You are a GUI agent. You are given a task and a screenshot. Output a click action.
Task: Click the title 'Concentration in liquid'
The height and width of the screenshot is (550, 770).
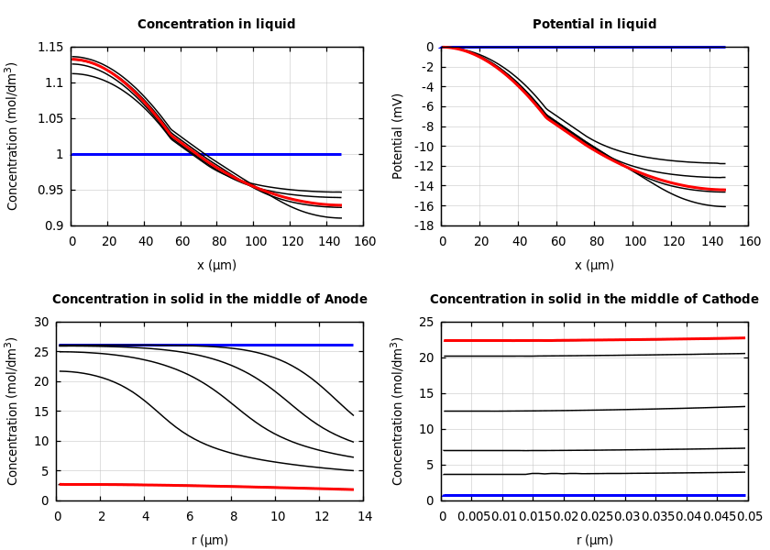pos(216,25)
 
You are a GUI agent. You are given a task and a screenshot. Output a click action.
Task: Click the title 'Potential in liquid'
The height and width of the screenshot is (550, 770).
pos(594,25)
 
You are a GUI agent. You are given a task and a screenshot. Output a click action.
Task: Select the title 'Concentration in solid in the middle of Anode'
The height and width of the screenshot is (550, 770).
pos(209,300)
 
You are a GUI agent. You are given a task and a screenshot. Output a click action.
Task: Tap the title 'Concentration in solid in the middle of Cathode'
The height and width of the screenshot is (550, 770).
pos(594,300)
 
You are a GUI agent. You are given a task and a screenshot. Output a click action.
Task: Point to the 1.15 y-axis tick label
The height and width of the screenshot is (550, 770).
pos(50,48)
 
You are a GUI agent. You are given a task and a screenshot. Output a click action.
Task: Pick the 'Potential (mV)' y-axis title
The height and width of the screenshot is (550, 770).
pos(398,136)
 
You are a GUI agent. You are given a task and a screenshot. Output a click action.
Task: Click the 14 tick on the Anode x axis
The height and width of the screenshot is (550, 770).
pos(364,517)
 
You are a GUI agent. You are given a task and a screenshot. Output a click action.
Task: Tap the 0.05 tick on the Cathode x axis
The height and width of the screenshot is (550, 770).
pos(749,517)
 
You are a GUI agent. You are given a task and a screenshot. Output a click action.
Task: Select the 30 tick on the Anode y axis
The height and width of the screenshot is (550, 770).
pos(41,322)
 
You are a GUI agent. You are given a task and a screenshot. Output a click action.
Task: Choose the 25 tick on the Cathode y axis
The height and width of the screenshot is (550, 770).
pos(426,322)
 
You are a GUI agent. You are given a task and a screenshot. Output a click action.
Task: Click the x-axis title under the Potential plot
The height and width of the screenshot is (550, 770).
pos(594,266)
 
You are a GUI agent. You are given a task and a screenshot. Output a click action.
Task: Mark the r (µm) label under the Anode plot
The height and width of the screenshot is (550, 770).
pos(209,541)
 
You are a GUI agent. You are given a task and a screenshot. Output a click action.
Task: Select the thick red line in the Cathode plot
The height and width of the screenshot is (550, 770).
pos(596,340)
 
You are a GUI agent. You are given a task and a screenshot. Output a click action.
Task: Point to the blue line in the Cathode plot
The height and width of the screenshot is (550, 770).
pos(596,495)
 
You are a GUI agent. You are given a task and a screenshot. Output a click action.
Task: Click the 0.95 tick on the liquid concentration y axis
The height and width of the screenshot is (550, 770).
pos(50,190)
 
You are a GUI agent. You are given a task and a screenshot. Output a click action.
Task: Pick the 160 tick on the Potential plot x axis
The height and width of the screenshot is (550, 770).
pos(749,241)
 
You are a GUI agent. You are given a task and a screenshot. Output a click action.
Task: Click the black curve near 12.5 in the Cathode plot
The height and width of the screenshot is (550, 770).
pos(596,410)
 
